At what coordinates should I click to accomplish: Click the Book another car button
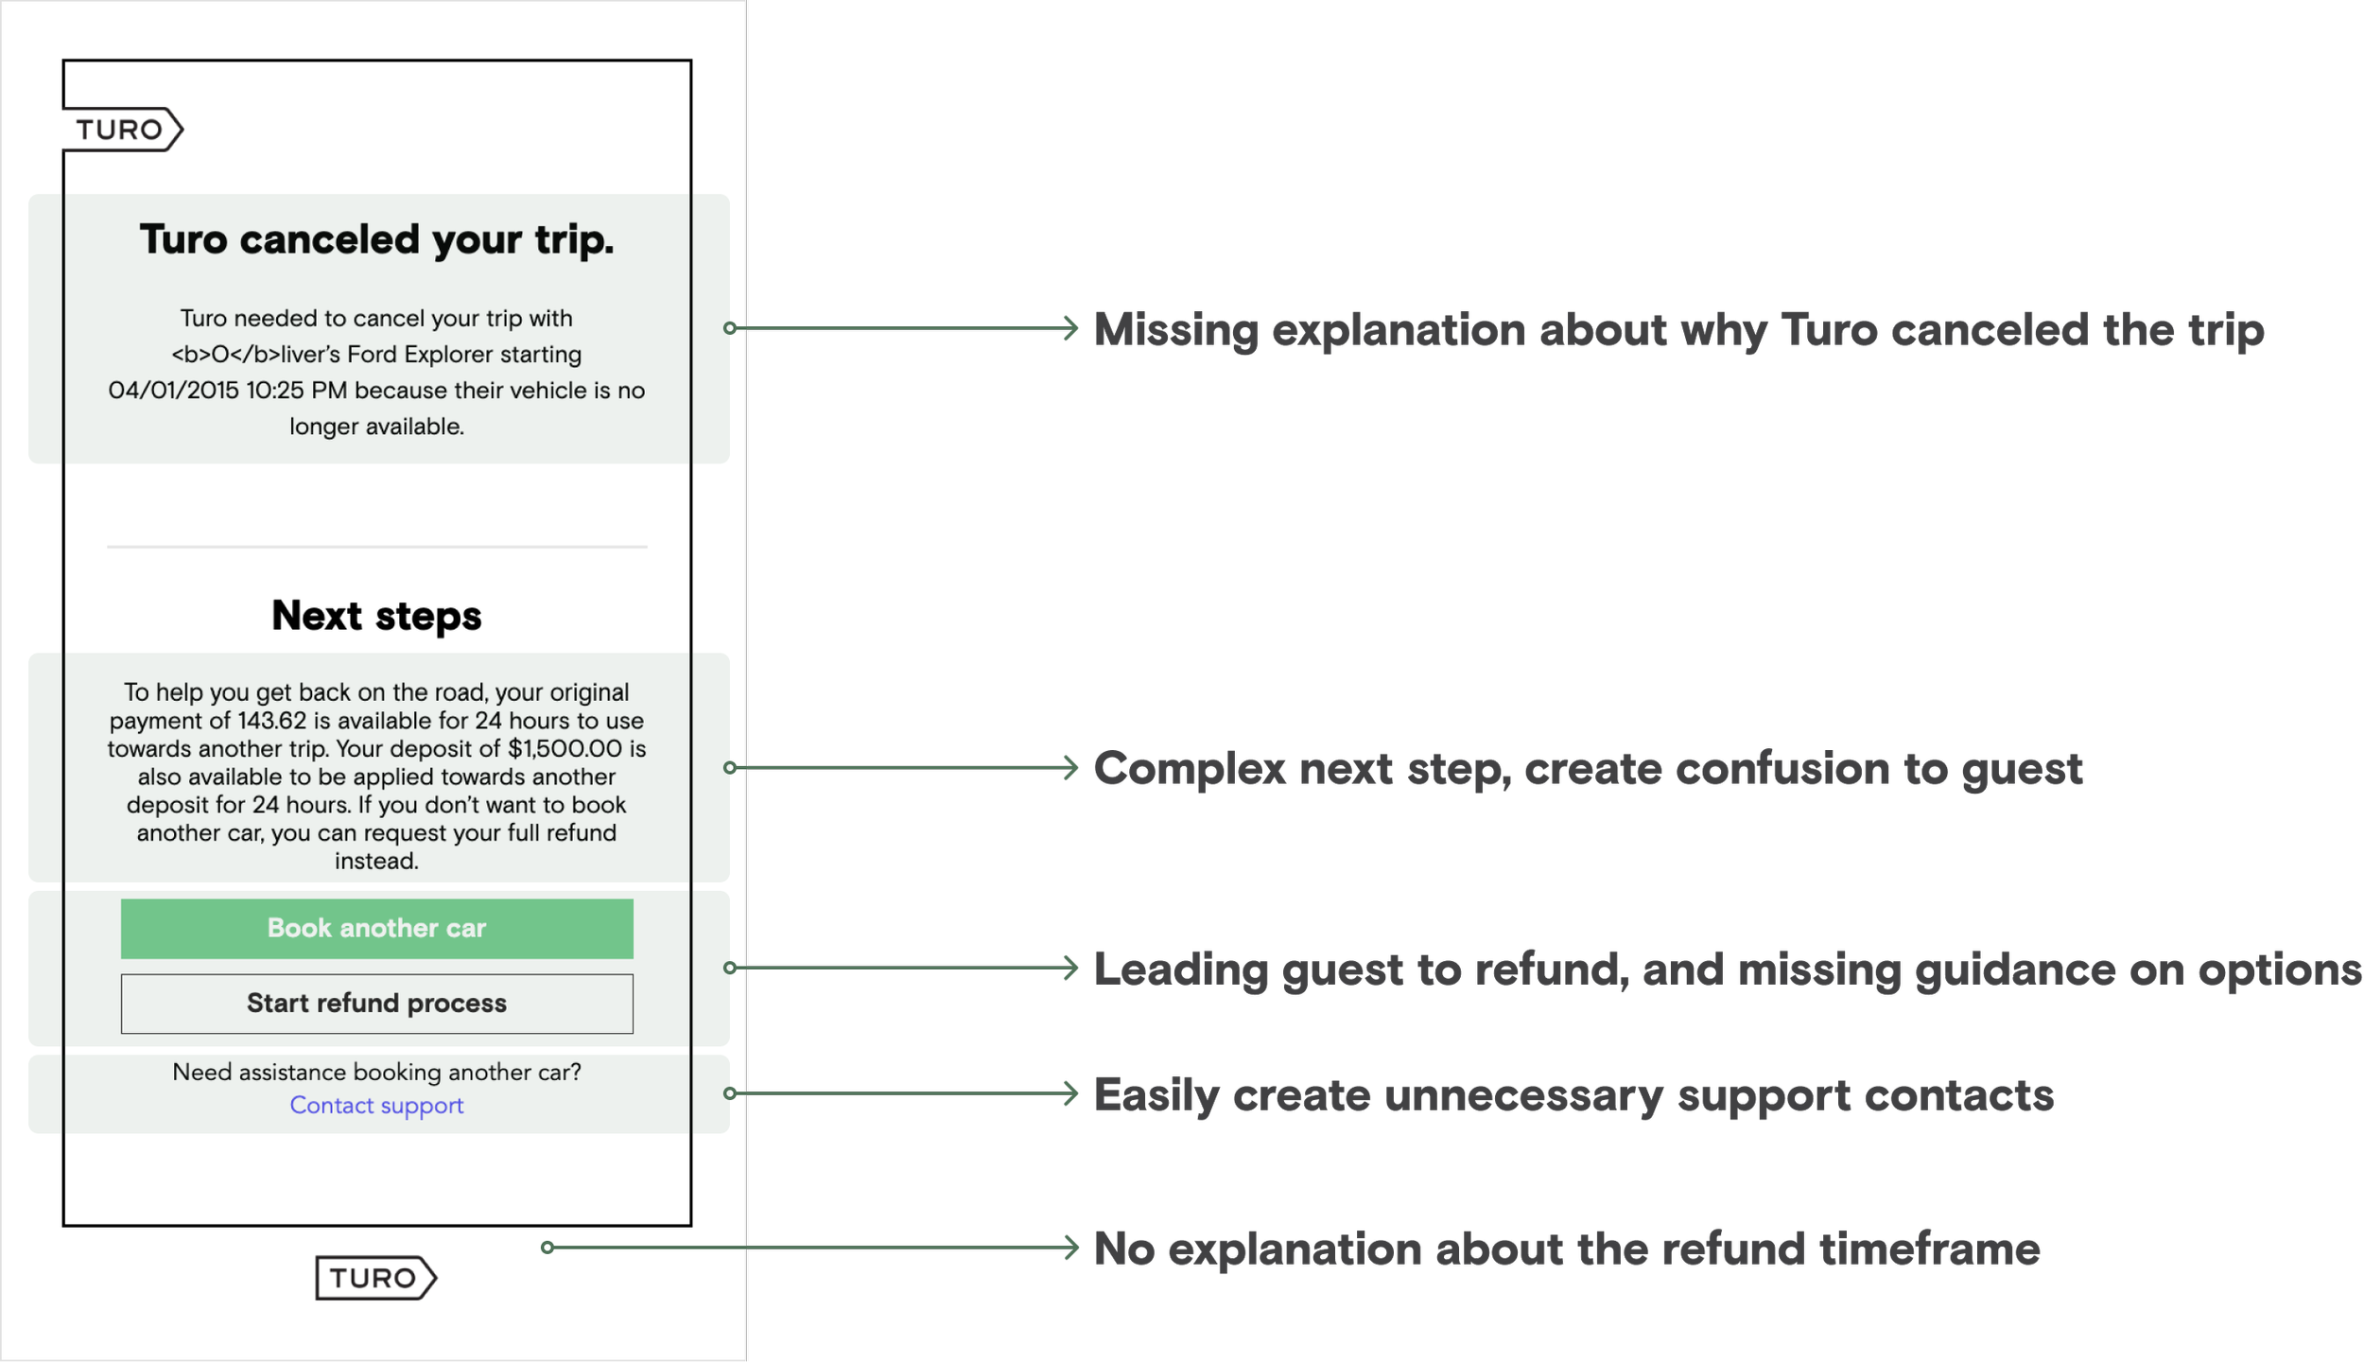pyautogui.click(x=376, y=928)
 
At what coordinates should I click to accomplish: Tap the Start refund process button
pyautogui.click(x=376, y=1003)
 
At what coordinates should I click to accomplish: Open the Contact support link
pyautogui.click(x=376, y=1105)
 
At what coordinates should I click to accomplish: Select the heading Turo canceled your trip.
pyautogui.click(x=376, y=239)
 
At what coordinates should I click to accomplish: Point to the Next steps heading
pyautogui.click(x=376, y=616)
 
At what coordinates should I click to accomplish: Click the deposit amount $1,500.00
pyautogui.click(x=565, y=748)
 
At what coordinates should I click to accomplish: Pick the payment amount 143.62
pyautogui.click(x=271, y=721)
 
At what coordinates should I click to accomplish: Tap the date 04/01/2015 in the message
pyautogui.click(x=173, y=390)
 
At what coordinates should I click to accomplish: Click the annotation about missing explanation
pyautogui.click(x=1679, y=330)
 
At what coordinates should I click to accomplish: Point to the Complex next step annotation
pyautogui.click(x=1589, y=769)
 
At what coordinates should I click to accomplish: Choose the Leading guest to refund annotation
pyautogui.click(x=1727, y=970)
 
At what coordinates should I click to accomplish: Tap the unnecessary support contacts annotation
pyautogui.click(x=1574, y=1096)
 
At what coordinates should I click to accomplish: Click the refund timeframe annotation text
pyautogui.click(x=1567, y=1249)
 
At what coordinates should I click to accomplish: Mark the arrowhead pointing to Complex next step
pyautogui.click(x=1070, y=767)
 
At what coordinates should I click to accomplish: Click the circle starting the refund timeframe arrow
pyautogui.click(x=548, y=1248)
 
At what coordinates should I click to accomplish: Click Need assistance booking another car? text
pyautogui.click(x=376, y=1072)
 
